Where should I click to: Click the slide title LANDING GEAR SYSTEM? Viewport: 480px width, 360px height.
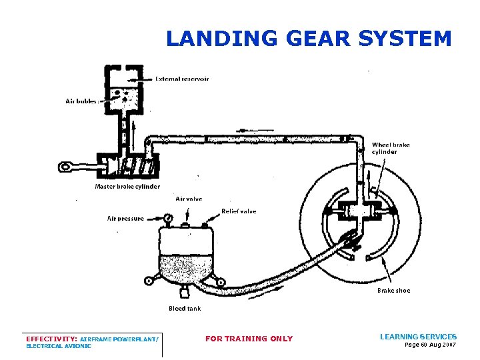click(x=309, y=39)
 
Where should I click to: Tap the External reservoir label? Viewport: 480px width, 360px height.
click(x=182, y=79)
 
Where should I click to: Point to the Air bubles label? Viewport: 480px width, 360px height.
click(x=81, y=101)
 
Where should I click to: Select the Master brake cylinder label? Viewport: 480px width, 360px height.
click(x=127, y=187)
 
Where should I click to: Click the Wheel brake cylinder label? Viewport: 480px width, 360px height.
click(x=391, y=148)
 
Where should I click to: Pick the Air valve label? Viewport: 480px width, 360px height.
click(x=189, y=199)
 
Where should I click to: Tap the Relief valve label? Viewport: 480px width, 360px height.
click(x=239, y=211)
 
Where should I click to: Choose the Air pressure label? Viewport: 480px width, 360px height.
click(x=125, y=218)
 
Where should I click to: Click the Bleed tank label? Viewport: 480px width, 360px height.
click(x=185, y=309)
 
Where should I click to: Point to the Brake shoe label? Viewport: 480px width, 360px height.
click(x=393, y=291)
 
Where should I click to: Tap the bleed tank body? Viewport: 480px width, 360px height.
click(x=185, y=257)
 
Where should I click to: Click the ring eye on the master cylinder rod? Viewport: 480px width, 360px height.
click(x=66, y=166)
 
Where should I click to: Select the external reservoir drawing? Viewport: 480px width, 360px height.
click(x=125, y=90)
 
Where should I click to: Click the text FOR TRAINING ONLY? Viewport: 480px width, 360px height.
click(x=249, y=339)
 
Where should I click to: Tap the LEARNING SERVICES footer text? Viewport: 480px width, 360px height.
click(x=418, y=337)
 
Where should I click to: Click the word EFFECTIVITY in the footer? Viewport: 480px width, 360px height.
click(x=50, y=339)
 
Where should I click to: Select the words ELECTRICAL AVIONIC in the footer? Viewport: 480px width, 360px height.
click(x=59, y=346)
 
